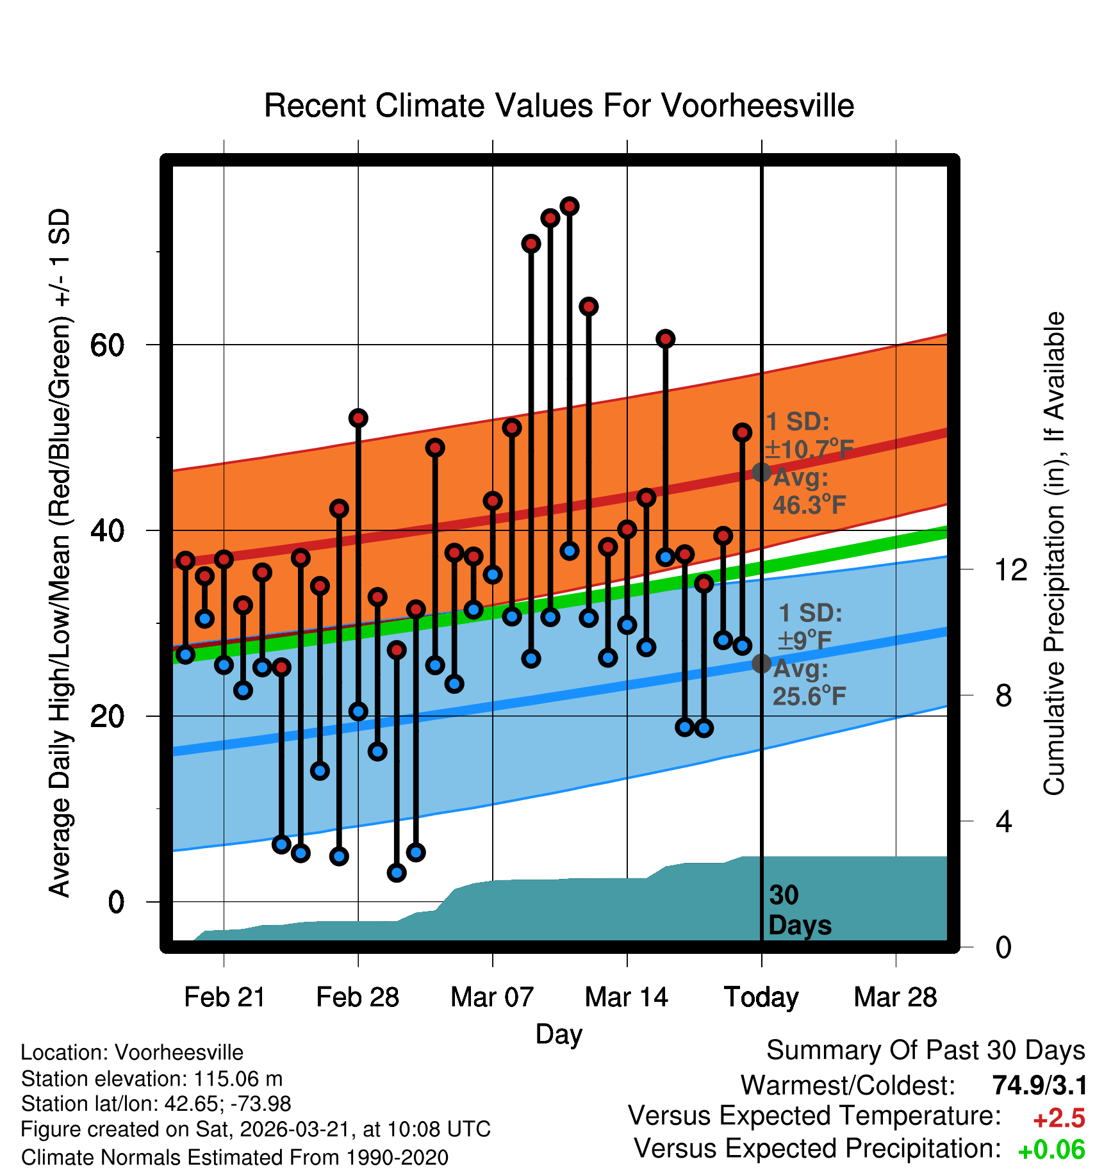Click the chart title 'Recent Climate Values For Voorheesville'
pyautogui.click(x=559, y=106)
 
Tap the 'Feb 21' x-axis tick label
pyautogui.click(x=224, y=997)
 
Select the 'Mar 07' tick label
pyautogui.click(x=492, y=997)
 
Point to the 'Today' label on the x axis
pyautogui.click(x=761, y=997)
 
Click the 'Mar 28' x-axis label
pyautogui.click(x=895, y=997)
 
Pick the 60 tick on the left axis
pyautogui.click(x=107, y=345)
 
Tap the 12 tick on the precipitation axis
pyautogui.click(x=1010, y=569)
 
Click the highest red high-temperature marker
pyautogui.click(x=570, y=206)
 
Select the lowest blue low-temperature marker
pyautogui.click(x=397, y=872)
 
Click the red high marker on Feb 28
pyautogui.click(x=358, y=418)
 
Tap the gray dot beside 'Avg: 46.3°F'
pyautogui.click(x=761, y=473)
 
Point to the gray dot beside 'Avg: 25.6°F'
pyautogui.click(x=761, y=664)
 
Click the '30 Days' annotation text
pyautogui.click(x=799, y=910)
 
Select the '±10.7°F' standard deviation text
pyautogui.click(x=809, y=449)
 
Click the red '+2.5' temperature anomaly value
pyautogui.click(x=1058, y=1118)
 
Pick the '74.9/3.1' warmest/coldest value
pyautogui.click(x=1039, y=1085)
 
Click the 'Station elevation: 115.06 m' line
pyautogui.click(x=152, y=1079)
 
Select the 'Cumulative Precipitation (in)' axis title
pyautogui.click(x=1054, y=553)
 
